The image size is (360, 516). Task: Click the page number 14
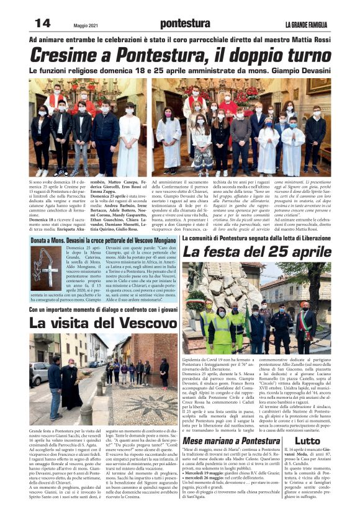[x=42, y=23]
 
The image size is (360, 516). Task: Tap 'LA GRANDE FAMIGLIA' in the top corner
[x=308, y=24]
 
